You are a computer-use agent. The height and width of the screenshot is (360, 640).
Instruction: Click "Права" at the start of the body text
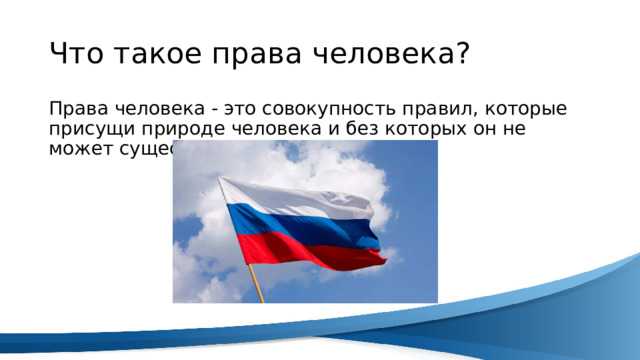(x=72, y=108)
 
